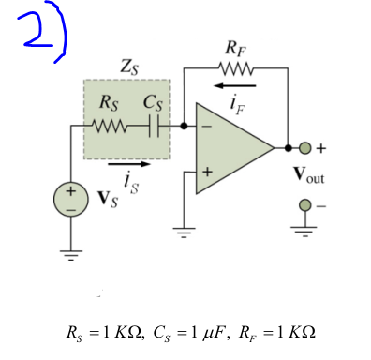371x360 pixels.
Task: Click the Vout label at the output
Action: click(x=315, y=175)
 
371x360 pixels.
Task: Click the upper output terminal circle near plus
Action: click(x=305, y=148)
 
